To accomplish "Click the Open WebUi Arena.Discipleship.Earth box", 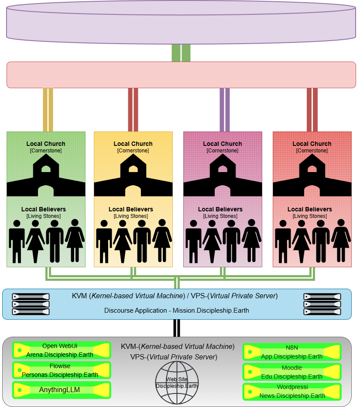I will (x=62, y=350).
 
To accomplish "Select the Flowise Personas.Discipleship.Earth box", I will (x=62, y=370).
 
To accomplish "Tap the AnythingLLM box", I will (x=62, y=390).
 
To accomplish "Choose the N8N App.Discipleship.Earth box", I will (x=292, y=352).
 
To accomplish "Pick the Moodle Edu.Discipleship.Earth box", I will (x=292, y=372).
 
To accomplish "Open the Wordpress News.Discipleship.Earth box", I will (x=292, y=391).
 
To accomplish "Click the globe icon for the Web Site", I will (x=177, y=383).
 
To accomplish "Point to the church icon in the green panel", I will (x=46, y=175).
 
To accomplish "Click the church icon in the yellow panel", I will (x=133, y=175).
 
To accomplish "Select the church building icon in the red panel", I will (x=312, y=175).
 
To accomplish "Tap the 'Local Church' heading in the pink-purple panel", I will (x=223, y=144).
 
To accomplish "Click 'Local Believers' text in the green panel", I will (x=44, y=209).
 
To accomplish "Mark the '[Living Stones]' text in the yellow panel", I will (x=131, y=216).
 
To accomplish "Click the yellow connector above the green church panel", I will (x=48, y=109).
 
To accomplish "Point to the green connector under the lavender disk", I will (x=181, y=53).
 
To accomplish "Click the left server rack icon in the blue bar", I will (x=31, y=304).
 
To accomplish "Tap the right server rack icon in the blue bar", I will (x=322, y=304).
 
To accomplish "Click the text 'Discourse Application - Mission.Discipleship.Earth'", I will (x=177, y=310).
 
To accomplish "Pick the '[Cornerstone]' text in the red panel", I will (x=312, y=151).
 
